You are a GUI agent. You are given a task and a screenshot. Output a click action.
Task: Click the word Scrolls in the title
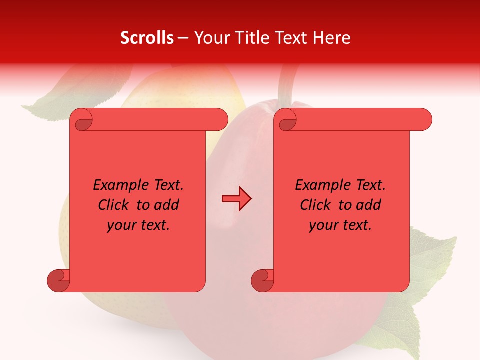[x=147, y=38]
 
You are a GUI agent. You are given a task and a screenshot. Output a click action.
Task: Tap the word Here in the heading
[x=332, y=38]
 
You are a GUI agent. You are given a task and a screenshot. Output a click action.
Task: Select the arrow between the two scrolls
[x=236, y=199]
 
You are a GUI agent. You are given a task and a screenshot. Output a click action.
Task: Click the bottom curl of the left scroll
[x=58, y=280]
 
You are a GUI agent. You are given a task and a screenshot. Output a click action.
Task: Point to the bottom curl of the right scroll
[x=262, y=280]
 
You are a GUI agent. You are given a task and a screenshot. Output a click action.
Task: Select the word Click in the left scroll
[x=114, y=205]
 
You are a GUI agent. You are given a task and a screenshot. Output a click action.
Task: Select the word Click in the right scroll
[x=316, y=205]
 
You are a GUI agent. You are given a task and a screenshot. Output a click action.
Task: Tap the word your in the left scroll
[x=120, y=225]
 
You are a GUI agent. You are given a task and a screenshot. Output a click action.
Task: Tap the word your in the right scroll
[x=322, y=225]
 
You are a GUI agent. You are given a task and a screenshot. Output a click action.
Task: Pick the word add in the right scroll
[x=369, y=205]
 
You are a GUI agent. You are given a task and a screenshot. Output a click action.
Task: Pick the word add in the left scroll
[x=167, y=205]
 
